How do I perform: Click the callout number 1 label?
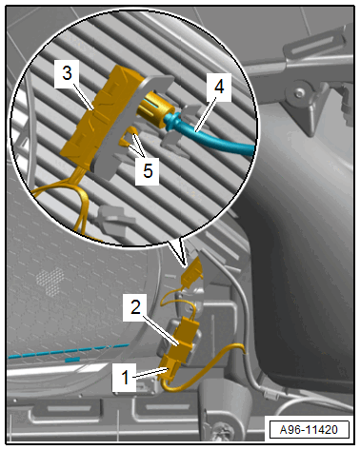click(x=125, y=378)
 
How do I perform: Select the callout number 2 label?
click(x=135, y=307)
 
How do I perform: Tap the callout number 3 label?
click(x=67, y=74)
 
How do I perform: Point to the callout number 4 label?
click(x=219, y=87)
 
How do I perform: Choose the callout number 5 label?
click(x=148, y=171)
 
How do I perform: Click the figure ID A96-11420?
click(x=309, y=430)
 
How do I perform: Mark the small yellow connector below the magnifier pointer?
click(x=191, y=272)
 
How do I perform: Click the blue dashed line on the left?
click(x=69, y=351)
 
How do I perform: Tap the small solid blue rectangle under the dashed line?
click(x=72, y=360)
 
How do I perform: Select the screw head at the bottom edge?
click(x=220, y=430)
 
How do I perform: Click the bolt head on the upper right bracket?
click(x=299, y=93)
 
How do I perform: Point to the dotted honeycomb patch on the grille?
click(x=50, y=282)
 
